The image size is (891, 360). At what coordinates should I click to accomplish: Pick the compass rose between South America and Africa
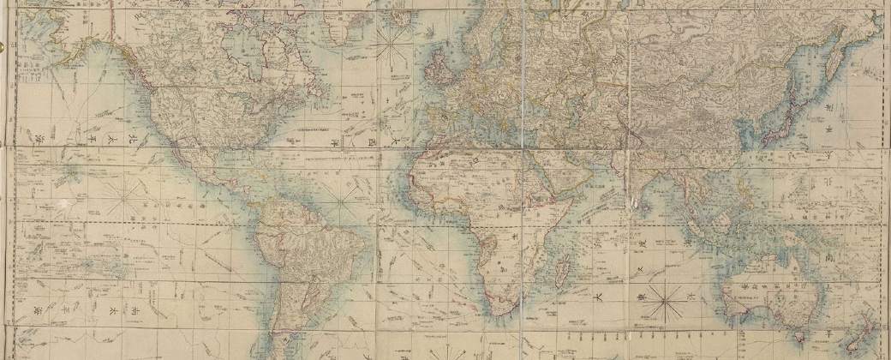click(344, 205)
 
